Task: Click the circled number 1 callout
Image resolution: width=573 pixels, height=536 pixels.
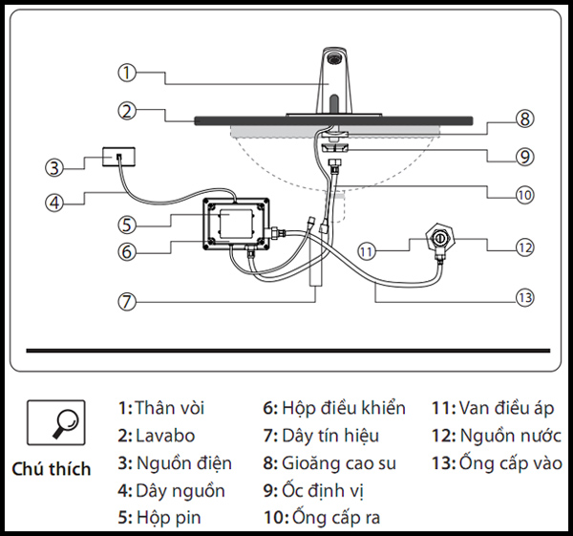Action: point(128,72)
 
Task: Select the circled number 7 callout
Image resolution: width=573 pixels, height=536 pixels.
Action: point(128,299)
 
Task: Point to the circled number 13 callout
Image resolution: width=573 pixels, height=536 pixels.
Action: point(521,297)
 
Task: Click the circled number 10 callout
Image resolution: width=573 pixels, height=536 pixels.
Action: point(523,194)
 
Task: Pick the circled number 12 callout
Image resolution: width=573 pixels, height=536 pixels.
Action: point(523,247)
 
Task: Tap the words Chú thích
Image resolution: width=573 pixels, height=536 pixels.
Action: point(52,469)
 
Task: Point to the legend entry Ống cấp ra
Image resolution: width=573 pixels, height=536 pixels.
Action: point(322,520)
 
